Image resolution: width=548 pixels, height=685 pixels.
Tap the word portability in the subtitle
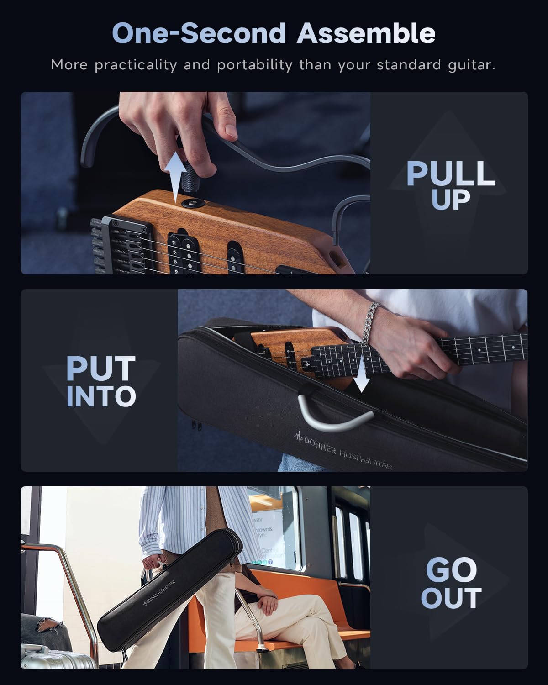(x=254, y=65)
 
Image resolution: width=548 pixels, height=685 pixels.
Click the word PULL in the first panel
(x=451, y=174)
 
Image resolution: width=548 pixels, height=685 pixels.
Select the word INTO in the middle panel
(x=101, y=396)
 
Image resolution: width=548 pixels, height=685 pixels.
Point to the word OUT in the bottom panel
(x=451, y=598)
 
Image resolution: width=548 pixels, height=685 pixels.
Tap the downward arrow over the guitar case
(x=361, y=375)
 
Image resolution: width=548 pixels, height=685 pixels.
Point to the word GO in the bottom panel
(x=451, y=569)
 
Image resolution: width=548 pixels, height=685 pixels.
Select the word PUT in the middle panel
(x=101, y=369)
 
